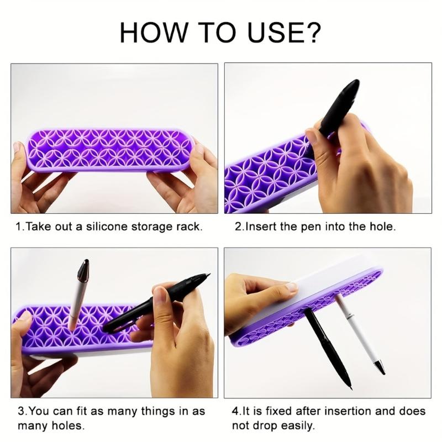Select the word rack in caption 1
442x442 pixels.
point(191,227)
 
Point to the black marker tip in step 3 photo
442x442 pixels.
point(206,276)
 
